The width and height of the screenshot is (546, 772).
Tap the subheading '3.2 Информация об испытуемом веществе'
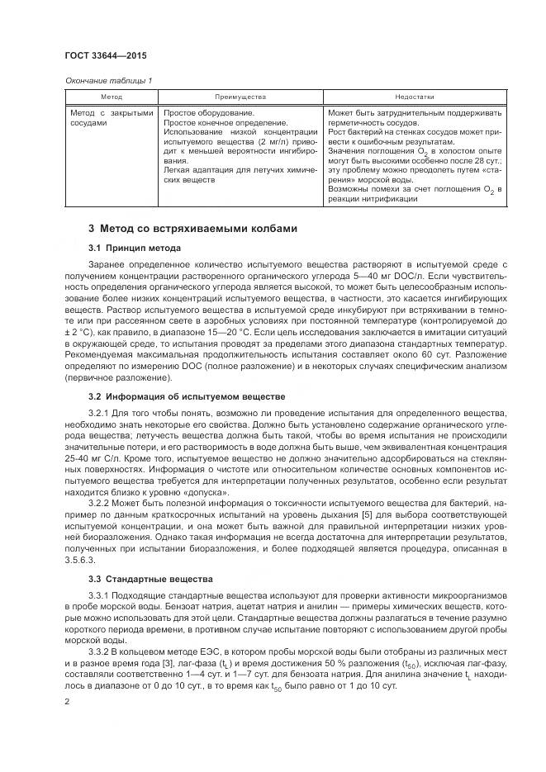[186, 396]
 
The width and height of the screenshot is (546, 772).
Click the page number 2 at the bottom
[68, 701]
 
